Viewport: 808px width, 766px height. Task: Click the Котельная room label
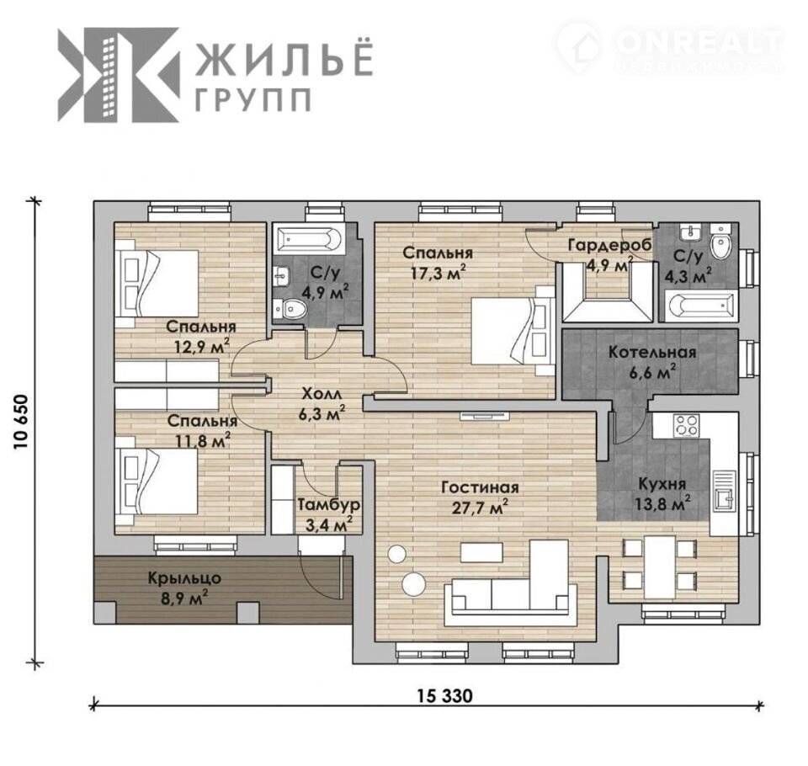651,352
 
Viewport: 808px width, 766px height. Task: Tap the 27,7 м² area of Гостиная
480,508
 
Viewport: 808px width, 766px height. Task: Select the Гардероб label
609,245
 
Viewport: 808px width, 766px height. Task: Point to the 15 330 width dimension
444,696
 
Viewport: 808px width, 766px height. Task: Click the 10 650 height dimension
20,422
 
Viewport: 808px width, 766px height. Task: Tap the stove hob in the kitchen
687,425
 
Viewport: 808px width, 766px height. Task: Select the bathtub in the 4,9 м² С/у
309,239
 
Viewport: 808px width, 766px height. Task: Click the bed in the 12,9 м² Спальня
157,283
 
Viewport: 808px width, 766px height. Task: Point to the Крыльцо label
184,578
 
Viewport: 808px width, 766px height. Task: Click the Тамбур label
329,505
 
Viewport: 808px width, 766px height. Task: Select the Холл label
321,394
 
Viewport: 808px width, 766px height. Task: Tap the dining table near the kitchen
660,567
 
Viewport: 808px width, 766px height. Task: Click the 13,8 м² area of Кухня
662,503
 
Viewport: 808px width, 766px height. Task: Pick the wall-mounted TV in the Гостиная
485,416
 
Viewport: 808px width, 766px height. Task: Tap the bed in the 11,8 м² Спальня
157,481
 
